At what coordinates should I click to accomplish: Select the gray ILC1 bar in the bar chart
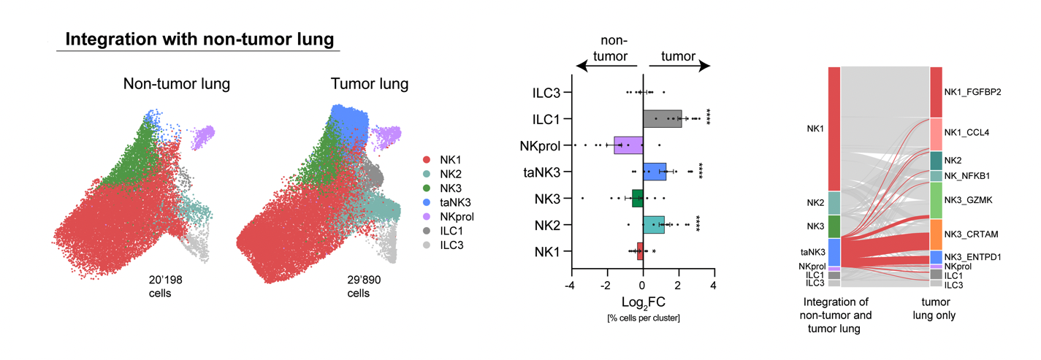click(662, 119)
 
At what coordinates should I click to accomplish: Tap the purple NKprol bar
click(628, 145)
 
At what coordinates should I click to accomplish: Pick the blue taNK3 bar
click(655, 172)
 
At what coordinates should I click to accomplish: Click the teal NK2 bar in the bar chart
click(653, 225)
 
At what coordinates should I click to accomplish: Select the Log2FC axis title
click(642, 302)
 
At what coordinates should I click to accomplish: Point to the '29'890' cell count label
click(363, 280)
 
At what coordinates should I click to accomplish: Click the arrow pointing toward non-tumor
click(606, 66)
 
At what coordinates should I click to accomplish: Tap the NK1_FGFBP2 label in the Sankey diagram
click(973, 93)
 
